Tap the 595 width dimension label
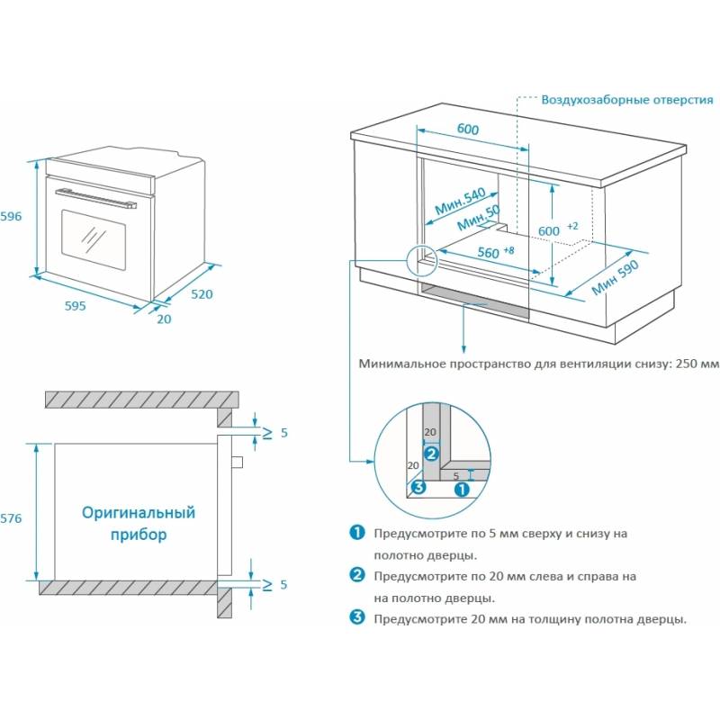tap(75, 306)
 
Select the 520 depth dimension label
tap(202, 293)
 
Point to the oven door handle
tap(98, 197)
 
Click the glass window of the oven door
tap(93, 236)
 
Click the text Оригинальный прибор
tap(139, 523)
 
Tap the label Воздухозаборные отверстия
tap(627, 99)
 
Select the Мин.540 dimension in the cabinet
tap(460, 202)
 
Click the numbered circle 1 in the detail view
tap(461, 490)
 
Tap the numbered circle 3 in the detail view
tap(418, 489)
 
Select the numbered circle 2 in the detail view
tap(431, 454)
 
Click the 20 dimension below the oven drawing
tap(163, 318)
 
